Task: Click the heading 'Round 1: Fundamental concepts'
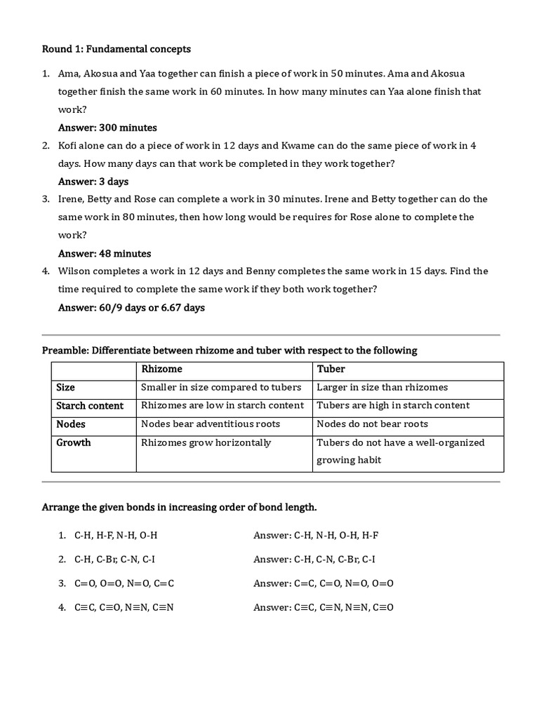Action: (116, 49)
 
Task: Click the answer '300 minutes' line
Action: (107, 128)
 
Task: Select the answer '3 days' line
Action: (93, 182)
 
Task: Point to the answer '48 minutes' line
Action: (105, 253)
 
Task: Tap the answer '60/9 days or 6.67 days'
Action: (131, 307)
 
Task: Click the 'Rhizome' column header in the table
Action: (161, 369)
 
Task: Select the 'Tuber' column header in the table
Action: (331, 369)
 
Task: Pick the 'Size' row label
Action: (66, 387)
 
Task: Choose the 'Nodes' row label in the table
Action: (71, 424)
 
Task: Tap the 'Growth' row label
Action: (74, 442)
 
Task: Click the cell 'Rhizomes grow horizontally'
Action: (206, 442)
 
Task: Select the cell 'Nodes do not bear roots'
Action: (372, 424)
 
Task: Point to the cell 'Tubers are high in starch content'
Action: (393, 405)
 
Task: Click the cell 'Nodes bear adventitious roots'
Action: (211, 424)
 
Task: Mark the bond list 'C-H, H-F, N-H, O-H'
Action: (116, 535)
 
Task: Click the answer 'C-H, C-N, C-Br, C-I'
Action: (314, 559)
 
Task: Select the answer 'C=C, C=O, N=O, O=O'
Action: (324, 583)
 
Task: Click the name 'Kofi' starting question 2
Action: (69, 145)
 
